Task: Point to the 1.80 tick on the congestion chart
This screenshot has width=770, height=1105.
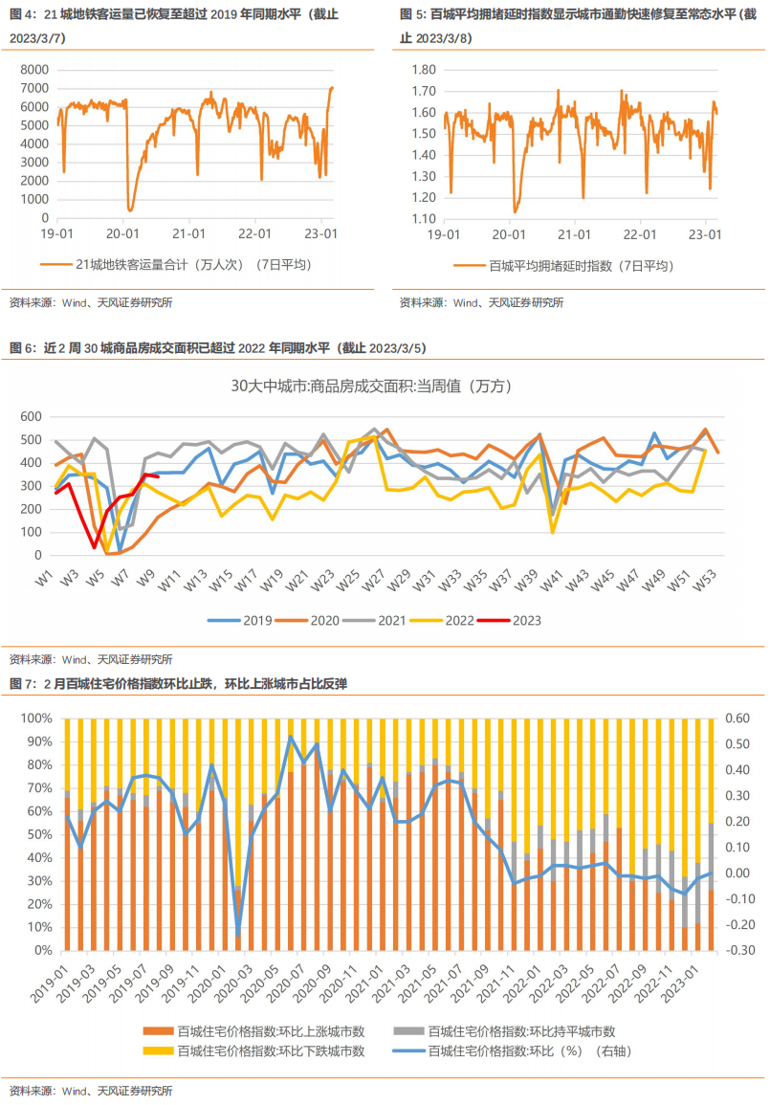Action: coord(423,70)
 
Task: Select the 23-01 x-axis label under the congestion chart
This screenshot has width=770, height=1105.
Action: coord(704,233)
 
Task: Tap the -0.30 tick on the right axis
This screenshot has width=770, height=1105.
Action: coord(740,951)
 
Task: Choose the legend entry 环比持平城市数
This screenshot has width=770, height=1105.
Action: coord(521,1031)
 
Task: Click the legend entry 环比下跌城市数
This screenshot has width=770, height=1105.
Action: coord(271,1050)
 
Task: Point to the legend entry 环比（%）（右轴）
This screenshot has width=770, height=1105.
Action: coord(529,1050)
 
